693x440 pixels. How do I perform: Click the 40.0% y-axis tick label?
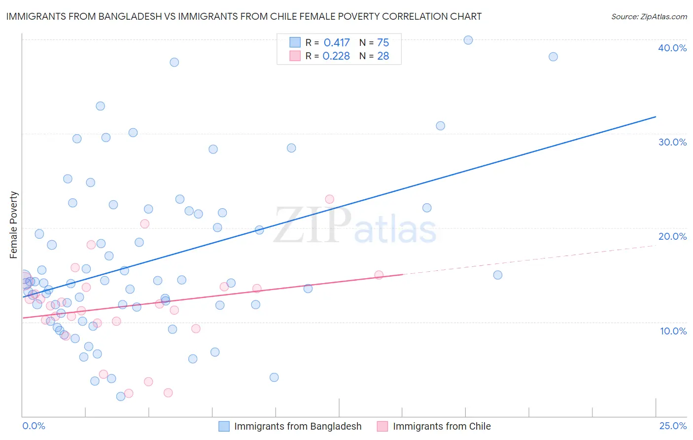672,48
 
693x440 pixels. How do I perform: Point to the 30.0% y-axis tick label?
672,142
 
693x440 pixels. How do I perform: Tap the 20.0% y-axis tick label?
672,236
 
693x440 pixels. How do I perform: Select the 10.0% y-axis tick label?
673,331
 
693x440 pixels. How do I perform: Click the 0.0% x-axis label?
34,426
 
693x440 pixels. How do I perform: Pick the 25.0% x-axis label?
673,426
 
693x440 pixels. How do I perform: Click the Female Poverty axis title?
14,225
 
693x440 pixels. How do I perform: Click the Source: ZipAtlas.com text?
649,17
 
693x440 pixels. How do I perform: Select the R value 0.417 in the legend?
337,43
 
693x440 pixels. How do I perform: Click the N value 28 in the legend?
383,56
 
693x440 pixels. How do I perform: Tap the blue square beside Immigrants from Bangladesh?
224,426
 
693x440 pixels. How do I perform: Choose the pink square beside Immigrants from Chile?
382,426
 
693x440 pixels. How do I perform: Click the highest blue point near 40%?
468,40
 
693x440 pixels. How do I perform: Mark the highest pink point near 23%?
329,199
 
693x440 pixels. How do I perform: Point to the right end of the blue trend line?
656,117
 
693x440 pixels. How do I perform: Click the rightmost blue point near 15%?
498,275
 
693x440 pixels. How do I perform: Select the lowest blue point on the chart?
121,397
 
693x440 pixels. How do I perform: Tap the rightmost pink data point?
379,275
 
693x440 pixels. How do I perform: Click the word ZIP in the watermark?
312,225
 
